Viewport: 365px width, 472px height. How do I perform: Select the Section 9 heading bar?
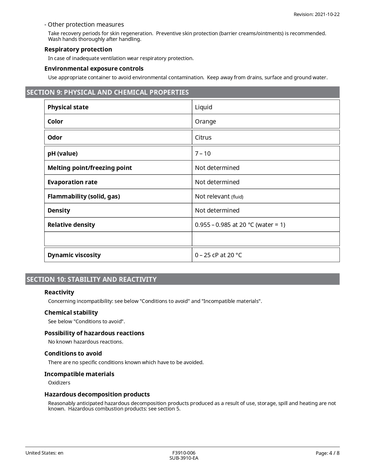(x=182, y=92)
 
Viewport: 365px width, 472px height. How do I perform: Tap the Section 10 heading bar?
(x=182, y=279)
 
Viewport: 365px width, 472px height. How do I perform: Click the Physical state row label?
(x=68, y=107)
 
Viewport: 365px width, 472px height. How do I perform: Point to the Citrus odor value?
(x=203, y=138)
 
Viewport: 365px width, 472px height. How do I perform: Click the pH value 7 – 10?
(x=203, y=154)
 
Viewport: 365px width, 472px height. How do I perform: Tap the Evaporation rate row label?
(x=72, y=182)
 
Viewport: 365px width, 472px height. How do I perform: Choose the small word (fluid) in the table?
(x=237, y=197)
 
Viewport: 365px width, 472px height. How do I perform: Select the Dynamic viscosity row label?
(x=74, y=255)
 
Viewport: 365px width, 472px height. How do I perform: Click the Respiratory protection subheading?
(x=78, y=49)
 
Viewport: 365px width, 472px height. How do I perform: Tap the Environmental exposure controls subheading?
(x=94, y=69)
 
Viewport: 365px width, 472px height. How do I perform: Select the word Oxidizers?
(x=59, y=383)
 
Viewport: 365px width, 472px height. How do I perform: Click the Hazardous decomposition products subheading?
(x=97, y=394)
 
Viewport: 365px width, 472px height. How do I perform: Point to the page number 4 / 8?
(x=327, y=453)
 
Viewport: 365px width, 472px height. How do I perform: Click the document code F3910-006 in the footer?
(x=184, y=453)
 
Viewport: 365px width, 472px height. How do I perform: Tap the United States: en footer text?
(x=44, y=453)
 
